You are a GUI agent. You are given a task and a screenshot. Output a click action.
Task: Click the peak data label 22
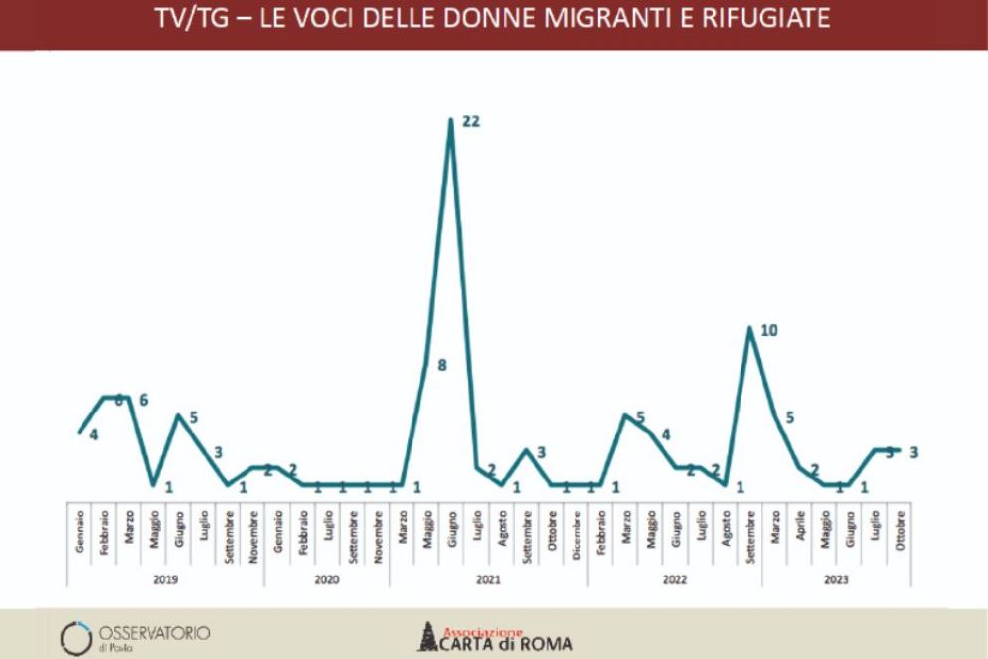coord(472,122)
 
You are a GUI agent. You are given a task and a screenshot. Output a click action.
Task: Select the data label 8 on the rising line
coord(441,365)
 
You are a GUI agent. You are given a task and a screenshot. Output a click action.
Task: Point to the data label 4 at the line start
coord(93,434)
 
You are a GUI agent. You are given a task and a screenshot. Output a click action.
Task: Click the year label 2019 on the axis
coord(166,578)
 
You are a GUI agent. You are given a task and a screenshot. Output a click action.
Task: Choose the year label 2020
coord(327,578)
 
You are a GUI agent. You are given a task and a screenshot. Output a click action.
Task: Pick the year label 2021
coord(488,578)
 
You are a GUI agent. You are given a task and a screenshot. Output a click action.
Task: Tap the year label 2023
coord(836,578)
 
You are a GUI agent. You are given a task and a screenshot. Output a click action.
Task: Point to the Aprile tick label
coord(800,526)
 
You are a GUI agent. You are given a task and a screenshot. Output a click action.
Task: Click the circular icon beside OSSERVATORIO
coord(77,637)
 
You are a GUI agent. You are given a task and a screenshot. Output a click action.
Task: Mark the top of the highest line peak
coord(451,121)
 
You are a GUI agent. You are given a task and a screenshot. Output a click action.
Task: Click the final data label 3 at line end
coord(912,452)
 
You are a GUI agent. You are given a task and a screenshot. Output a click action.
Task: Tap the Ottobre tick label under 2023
coord(900,528)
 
